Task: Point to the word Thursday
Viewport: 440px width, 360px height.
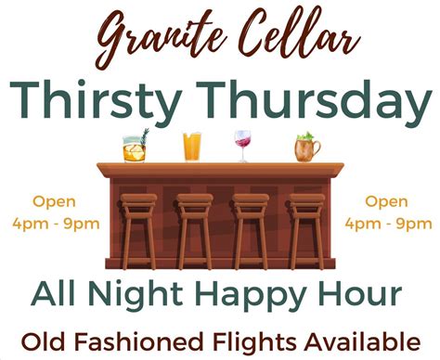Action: pyautogui.click(x=316, y=99)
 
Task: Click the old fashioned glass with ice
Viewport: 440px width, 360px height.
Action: pyautogui.click(x=135, y=148)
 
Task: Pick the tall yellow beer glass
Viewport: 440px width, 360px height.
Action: pyautogui.click(x=192, y=147)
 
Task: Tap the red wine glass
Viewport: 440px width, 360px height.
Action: pyautogui.click(x=243, y=145)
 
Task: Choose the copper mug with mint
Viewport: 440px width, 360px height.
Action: pyautogui.click(x=304, y=147)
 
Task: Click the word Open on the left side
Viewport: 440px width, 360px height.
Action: pyautogui.click(x=55, y=201)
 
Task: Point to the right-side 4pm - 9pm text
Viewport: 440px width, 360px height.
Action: pyautogui.click(x=388, y=223)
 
